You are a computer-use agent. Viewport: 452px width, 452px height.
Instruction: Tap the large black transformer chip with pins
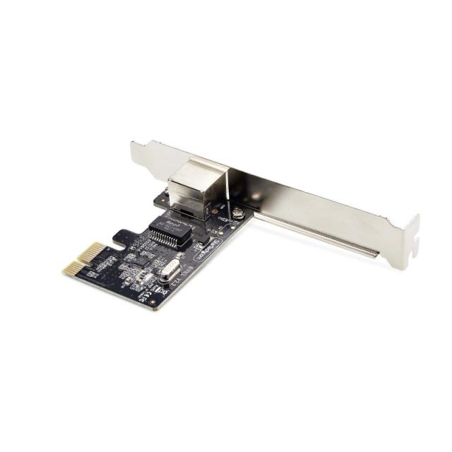click(170, 227)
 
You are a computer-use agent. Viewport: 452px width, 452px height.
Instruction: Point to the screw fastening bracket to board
click(239, 212)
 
